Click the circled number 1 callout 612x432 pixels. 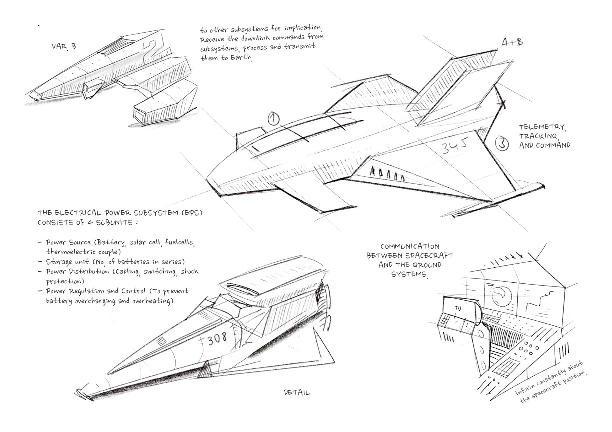coord(273,119)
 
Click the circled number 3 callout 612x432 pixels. coord(502,143)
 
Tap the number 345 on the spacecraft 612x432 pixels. coord(454,147)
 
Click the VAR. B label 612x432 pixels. coord(64,46)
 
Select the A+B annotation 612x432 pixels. coord(512,42)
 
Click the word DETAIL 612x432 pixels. coord(297,393)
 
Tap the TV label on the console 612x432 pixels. coord(458,308)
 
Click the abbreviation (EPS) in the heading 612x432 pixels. coord(192,213)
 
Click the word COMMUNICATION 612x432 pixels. coord(410,246)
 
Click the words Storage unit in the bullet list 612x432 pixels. coord(67,262)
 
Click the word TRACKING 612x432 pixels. coord(538,136)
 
